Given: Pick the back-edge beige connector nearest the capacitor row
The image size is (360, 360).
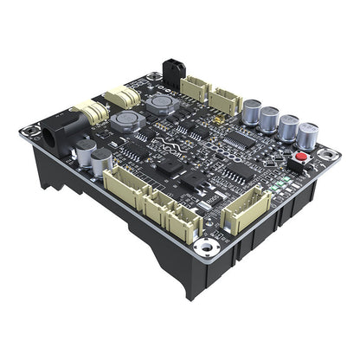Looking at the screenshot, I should (x=228, y=96).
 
